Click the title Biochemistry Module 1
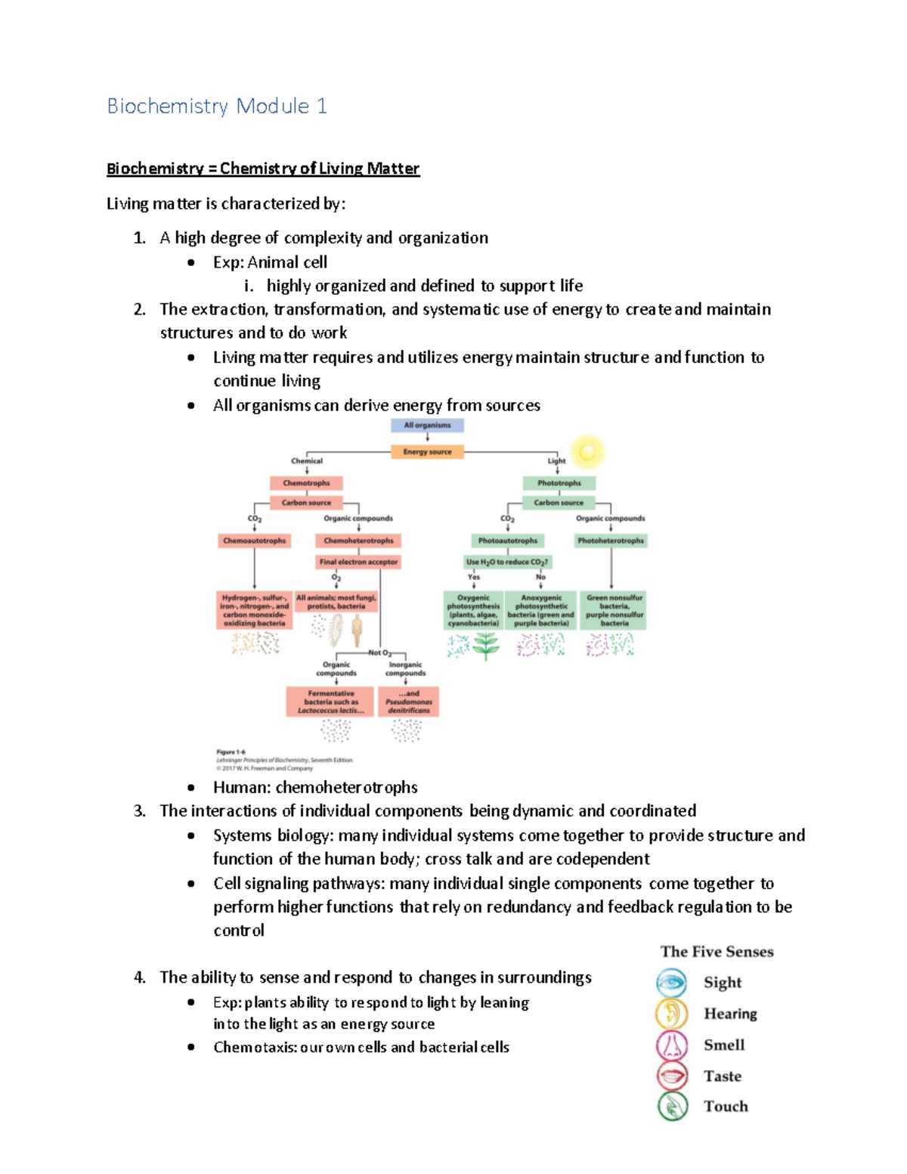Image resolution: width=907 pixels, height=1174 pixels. (x=217, y=106)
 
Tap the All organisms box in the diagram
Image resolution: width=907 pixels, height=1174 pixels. (x=427, y=426)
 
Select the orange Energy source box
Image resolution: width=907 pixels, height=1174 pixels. (x=427, y=452)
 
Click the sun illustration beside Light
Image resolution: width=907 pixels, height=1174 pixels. (x=587, y=452)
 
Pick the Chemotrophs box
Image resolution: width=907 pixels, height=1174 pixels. (x=306, y=483)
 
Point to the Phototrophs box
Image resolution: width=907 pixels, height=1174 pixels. (x=559, y=483)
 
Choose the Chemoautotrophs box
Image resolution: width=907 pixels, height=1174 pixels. (x=255, y=541)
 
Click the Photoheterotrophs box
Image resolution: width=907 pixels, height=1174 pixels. (x=611, y=541)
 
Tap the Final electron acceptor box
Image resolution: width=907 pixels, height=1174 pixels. (x=358, y=562)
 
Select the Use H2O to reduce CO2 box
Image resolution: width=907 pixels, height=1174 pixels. (x=507, y=562)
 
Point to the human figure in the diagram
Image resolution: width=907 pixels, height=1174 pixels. (x=357, y=629)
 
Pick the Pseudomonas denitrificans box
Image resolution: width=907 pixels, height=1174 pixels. (x=409, y=702)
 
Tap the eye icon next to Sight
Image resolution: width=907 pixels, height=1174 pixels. (x=672, y=983)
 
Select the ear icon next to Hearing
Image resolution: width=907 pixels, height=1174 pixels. (x=672, y=1014)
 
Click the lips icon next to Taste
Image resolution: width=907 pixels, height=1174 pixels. (x=672, y=1076)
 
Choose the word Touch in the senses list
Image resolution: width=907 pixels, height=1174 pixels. (x=726, y=1107)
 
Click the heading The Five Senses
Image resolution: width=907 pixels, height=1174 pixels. (x=717, y=952)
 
